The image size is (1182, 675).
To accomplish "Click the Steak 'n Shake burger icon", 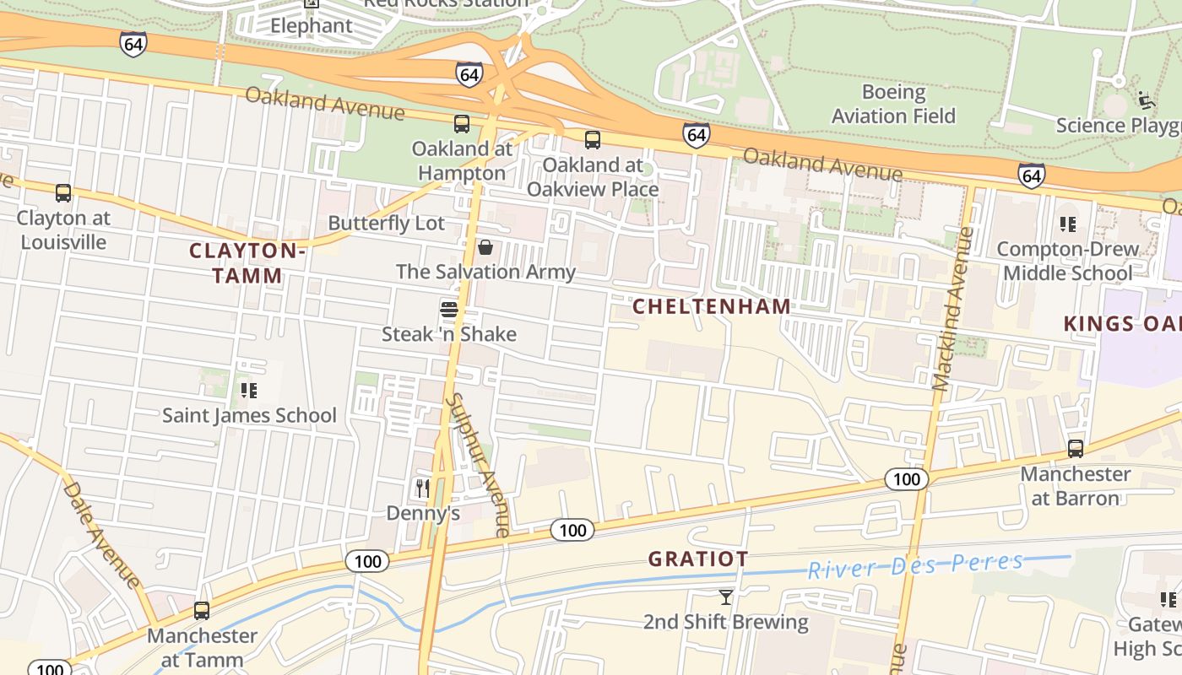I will (x=449, y=310).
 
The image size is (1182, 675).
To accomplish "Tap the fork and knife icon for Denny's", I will (x=423, y=488).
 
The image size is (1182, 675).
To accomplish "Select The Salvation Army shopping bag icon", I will (x=485, y=247).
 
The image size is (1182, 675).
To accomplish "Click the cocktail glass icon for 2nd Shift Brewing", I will (x=725, y=597).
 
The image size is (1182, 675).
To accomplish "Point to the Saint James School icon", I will (x=249, y=390).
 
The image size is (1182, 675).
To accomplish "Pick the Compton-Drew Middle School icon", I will (x=1068, y=224).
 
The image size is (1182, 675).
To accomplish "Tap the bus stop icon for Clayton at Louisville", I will (x=63, y=193).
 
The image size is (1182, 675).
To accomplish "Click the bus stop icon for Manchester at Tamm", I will (x=202, y=611).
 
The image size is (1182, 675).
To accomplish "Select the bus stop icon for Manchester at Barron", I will (x=1076, y=449).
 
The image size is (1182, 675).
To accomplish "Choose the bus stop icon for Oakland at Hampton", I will (x=462, y=124).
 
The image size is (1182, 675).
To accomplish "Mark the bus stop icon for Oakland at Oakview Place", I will (x=593, y=140).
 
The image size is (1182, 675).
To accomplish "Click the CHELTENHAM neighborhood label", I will (x=712, y=306).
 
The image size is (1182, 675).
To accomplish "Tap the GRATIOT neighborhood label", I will (x=698, y=559).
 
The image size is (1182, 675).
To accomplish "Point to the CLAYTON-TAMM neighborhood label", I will (x=247, y=263).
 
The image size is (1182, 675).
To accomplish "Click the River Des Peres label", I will (x=915, y=565).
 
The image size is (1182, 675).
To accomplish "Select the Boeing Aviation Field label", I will (x=893, y=104).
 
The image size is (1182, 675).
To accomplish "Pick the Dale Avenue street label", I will (x=101, y=533).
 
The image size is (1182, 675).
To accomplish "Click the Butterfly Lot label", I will (x=386, y=223).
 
